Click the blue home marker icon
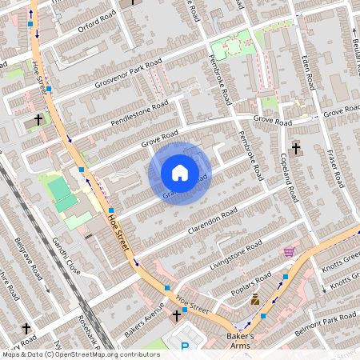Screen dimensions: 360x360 [180, 173]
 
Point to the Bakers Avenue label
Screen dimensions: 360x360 [143, 318]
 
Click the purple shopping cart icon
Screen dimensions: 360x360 [288, 252]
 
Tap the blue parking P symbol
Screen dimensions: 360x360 [186, 346]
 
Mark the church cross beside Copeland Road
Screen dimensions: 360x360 [296, 148]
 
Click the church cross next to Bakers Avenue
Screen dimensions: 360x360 [178, 316]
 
